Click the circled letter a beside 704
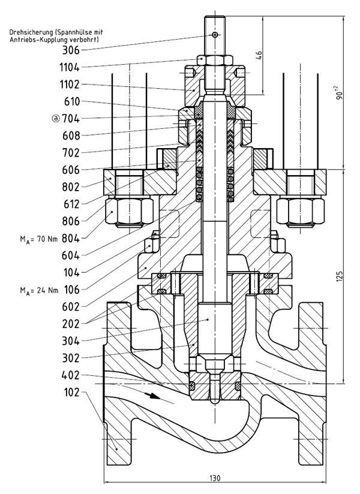(56, 119)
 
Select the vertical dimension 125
(340, 276)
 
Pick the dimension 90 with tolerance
(340, 93)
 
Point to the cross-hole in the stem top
(215, 35)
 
